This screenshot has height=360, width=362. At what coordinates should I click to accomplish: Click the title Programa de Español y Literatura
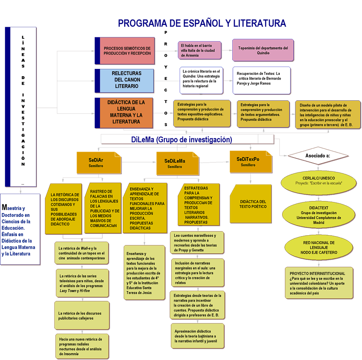point(202,23)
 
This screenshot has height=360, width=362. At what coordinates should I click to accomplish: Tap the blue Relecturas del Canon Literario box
point(127,80)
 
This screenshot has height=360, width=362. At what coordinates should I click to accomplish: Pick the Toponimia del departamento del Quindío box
point(263,50)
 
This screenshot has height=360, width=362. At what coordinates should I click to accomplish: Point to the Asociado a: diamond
point(317,156)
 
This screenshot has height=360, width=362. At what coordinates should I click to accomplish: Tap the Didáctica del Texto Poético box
point(253,204)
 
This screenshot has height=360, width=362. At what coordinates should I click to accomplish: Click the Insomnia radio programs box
point(82,346)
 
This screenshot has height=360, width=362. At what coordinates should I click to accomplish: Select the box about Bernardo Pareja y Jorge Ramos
point(259,79)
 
